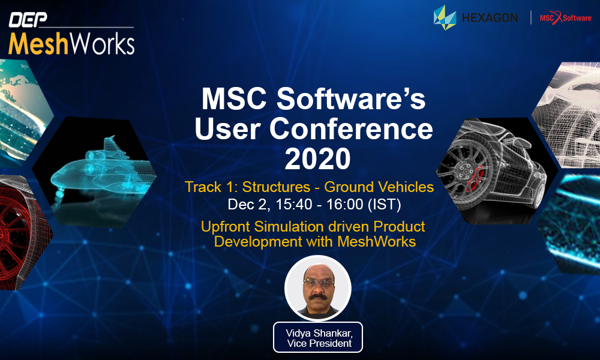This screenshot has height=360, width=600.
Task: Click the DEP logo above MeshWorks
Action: tap(28, 20)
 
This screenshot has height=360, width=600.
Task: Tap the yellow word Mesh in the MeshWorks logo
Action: tap(38, 44)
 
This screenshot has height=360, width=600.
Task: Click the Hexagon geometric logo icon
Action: tap(445, 17)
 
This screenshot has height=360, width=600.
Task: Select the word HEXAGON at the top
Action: tap(490, 17)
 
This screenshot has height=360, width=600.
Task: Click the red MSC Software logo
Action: tap(566, 17)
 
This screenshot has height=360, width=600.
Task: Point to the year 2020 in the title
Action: tap(317, 159)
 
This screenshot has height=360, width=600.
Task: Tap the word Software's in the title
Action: tap(351, 99)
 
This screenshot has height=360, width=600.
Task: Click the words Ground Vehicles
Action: tap(379, 187)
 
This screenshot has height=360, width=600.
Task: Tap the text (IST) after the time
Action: tap(384, 204)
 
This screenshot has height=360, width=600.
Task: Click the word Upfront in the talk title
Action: tap(226, 226)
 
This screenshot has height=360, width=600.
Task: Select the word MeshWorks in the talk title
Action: tap(377, 242)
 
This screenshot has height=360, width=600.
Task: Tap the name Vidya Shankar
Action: tap(319, 333)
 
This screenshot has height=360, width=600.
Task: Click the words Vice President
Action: tap(319, 344)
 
